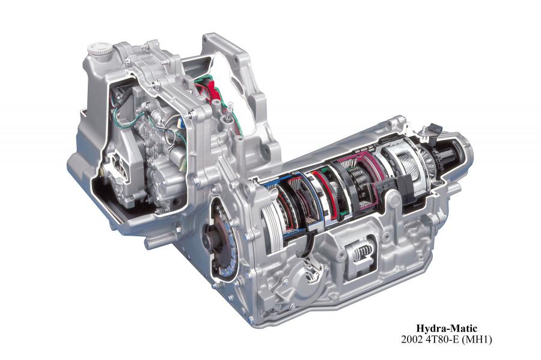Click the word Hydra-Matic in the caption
point(446,328)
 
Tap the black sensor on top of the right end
point(434,129)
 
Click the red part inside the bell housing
point(211,90)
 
